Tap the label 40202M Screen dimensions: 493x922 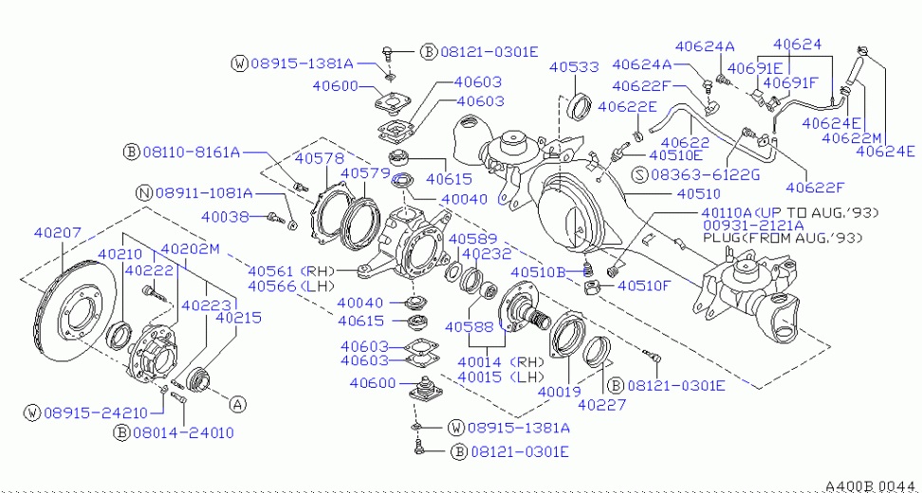click(x=190, y=250)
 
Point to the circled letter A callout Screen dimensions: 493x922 click(x=238, y=403)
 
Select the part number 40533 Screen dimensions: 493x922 click(x=574, y=67)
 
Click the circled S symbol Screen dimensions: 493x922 click(x=637, y=174)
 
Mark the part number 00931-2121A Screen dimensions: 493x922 click(x=753, y=226)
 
